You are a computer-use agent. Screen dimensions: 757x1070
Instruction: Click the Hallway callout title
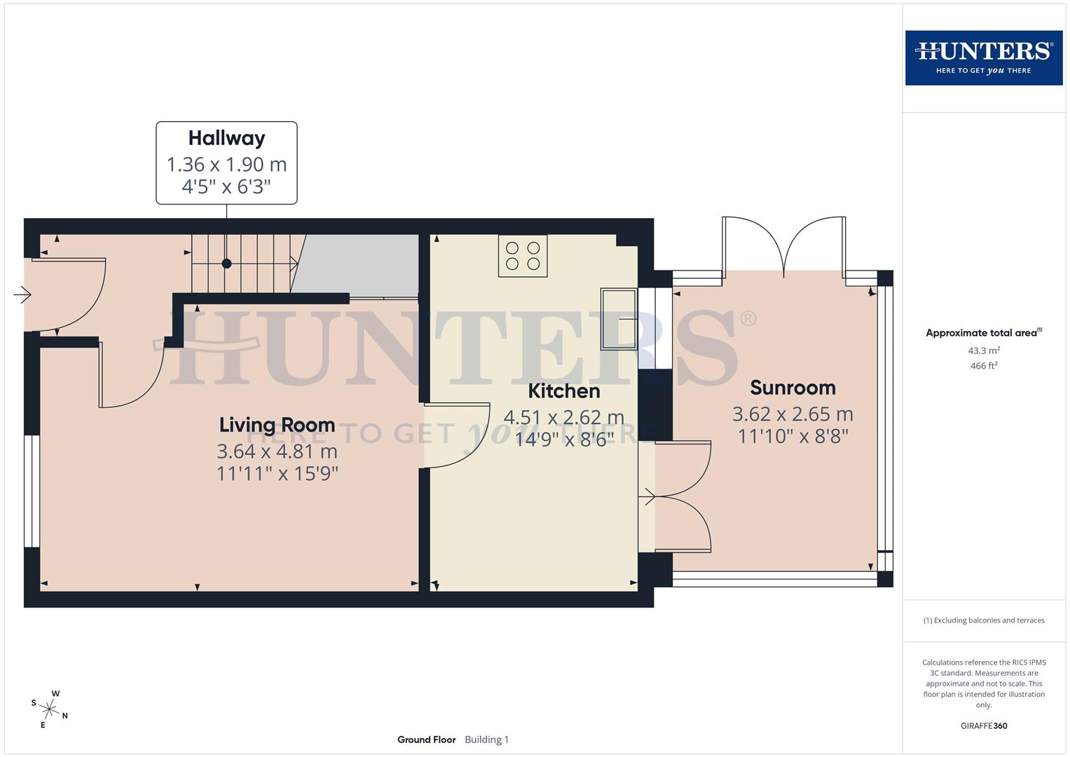226,138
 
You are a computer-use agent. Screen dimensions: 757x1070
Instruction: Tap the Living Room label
277,425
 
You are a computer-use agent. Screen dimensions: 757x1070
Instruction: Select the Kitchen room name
563,390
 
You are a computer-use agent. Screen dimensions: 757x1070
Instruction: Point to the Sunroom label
793,388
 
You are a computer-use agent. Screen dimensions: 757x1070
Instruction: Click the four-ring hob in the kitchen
523,256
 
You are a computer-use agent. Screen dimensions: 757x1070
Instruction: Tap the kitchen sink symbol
618,319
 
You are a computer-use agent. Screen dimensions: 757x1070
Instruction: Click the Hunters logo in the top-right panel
983,57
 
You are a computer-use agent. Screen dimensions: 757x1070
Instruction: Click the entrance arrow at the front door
22,295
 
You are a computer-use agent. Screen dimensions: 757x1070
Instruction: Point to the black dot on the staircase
226,264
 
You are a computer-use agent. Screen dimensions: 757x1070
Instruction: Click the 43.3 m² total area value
983,350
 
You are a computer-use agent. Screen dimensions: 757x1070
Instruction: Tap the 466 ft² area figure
983,366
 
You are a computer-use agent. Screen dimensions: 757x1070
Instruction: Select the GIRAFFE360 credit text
983,725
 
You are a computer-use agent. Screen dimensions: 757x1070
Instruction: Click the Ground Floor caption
426,739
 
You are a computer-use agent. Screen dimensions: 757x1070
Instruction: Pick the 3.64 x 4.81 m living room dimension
277,451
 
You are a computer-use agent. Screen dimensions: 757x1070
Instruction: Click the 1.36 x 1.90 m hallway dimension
226,165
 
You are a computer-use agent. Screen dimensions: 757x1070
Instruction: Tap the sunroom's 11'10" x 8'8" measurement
793,437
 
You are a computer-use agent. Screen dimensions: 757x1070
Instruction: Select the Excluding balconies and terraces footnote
983,620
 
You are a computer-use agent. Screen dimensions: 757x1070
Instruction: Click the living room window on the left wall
32,491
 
